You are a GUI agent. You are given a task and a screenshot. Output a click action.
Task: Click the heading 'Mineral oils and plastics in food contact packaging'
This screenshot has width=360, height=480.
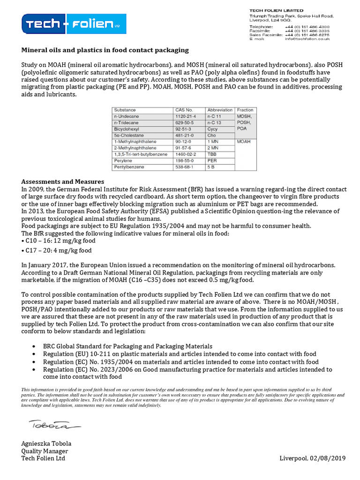pos(105,50)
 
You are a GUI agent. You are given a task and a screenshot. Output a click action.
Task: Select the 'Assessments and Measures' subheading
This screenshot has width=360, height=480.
pos(63,181)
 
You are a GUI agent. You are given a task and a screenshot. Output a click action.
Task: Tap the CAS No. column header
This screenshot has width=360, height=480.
pos(183,110)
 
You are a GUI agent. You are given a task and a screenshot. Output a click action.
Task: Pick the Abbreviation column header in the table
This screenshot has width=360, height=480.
pos(220,110)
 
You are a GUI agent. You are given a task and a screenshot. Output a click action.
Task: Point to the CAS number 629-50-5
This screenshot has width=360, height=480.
pos(185,122)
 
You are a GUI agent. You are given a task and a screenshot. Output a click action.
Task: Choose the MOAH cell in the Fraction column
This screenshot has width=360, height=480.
pos(245,141)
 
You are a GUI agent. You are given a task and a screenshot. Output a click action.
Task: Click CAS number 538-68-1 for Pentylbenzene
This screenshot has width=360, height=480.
pos(185,167)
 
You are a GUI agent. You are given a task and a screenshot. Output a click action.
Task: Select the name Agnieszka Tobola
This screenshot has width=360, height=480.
pos(46,443)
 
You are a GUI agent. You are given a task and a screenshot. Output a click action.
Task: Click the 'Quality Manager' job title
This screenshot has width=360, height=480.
pos(45,451)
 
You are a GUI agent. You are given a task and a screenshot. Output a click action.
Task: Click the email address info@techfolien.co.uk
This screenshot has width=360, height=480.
pos(307,39)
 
